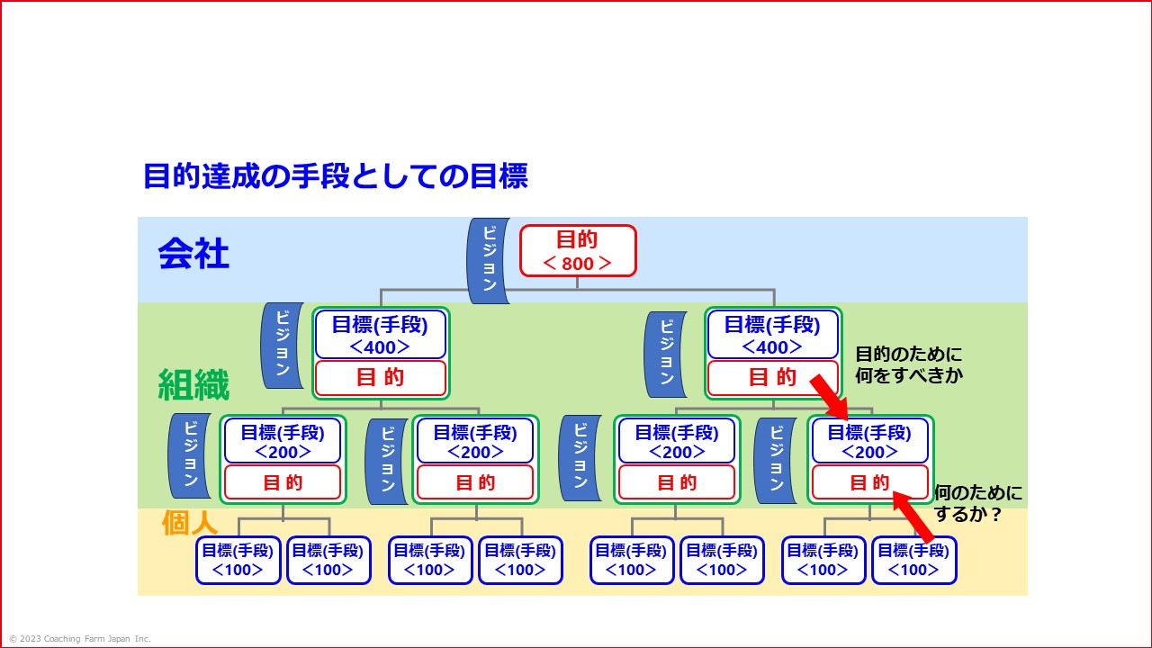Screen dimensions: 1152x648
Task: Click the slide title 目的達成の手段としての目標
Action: [x=336, y=175]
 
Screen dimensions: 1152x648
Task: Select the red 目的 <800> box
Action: [x=578, y=251]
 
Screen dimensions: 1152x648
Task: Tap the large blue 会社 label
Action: [x=193, y=254]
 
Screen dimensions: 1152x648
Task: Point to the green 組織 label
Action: [x=193, y=384]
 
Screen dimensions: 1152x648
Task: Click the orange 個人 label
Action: [x=190, y=523]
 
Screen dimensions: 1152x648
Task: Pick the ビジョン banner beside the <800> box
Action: [x=488, y=261]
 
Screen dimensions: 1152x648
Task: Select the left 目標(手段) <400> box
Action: [x=380, y=335]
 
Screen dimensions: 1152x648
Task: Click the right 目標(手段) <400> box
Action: [x=772, y=335]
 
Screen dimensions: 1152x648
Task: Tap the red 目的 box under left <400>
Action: [x=380, y=378]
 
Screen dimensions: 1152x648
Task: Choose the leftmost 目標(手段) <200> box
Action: [x=283, y=441]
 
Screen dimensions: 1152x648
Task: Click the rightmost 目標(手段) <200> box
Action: [x=869, y=441]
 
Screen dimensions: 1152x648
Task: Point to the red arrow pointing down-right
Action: [x=829, y=397]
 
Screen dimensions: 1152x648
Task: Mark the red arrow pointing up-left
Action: [x=913, y=517]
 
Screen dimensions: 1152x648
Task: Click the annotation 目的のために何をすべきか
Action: [x=909, y=364]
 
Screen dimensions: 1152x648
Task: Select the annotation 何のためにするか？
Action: [x=977, y=503]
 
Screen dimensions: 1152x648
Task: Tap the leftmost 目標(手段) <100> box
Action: [x=238, y=560]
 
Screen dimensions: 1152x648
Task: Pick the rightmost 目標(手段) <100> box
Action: [x=913, y=560]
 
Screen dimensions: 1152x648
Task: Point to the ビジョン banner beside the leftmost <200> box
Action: [x=190, y=455]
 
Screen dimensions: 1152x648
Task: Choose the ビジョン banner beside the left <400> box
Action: [x=283, y=346]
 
